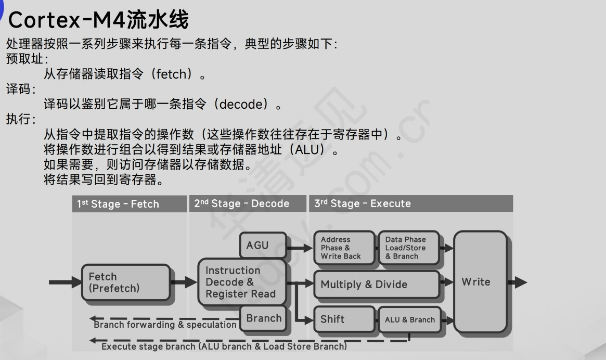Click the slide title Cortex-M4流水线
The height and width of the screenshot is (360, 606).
(99, 20)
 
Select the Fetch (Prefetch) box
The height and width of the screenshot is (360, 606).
(125, 282)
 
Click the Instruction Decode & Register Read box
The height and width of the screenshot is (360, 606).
(241, 282)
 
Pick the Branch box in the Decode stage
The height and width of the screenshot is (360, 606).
(263, 318)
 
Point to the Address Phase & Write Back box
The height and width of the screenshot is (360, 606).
(343, 248)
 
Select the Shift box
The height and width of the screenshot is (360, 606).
(343, 319)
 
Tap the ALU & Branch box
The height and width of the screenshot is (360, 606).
(409, 319)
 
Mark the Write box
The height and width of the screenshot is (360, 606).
(480, 282)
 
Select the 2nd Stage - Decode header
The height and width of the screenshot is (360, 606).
(247, 203)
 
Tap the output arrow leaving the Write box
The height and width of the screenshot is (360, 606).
(518, 282)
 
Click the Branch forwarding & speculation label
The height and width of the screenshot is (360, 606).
(165, 325)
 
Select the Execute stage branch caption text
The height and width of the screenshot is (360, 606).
(224, 346)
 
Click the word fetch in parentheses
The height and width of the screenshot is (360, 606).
(171, 74)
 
